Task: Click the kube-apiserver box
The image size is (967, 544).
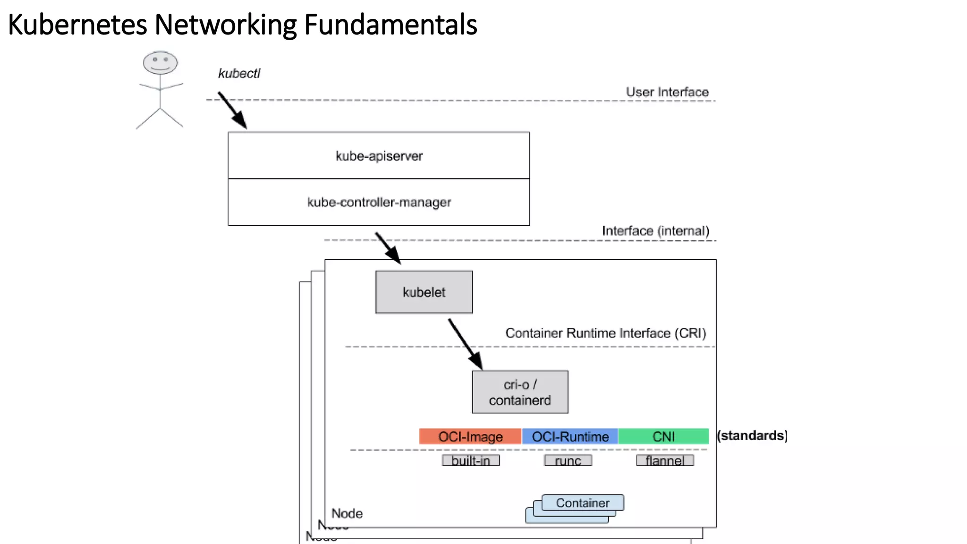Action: (x=379, y=155)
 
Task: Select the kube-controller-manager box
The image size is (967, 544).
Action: (x=379, y=202)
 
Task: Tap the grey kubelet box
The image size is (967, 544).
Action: (x=424, y=292)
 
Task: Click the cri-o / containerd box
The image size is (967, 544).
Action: (x=520, y=392)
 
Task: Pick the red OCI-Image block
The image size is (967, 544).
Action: (x=470, y=436)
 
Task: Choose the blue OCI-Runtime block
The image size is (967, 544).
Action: (x=570, y=436)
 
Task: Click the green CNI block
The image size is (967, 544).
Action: (x=663, y=436)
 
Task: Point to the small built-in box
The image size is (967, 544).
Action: (x=471, y=460)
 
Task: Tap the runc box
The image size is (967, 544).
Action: (x=568, y=460)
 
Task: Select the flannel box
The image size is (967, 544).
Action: (x=665, y=460)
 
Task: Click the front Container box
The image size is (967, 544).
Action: (x=583, y=503)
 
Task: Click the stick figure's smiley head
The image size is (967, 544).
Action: (x=160, y=62)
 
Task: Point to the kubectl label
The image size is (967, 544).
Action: (x=239, y=74)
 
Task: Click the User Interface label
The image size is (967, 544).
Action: (x=667, y=92)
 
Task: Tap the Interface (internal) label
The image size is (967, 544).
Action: (x=655, y=231)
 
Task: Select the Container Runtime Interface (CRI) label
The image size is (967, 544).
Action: (x=605, y=333)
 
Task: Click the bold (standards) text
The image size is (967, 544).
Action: (x=752, y=435)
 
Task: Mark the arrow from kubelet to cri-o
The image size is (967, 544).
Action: (x=465, y=344)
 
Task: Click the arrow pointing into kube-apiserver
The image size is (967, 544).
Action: (x=232, y=110)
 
